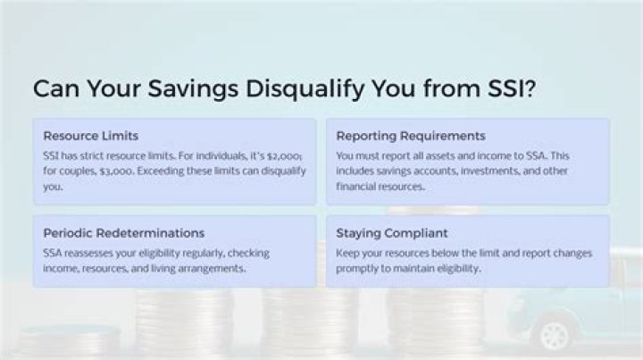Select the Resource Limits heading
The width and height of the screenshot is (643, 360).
(90, 136)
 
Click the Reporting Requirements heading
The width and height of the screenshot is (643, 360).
(410, 136)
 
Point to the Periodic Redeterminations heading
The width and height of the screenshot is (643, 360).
(123, 232)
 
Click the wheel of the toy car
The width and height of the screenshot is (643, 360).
(555, 335)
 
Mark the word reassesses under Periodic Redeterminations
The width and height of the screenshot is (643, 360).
(95, 253)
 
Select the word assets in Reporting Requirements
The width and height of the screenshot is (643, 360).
(422, 155)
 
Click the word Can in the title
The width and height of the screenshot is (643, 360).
(54, 89)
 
